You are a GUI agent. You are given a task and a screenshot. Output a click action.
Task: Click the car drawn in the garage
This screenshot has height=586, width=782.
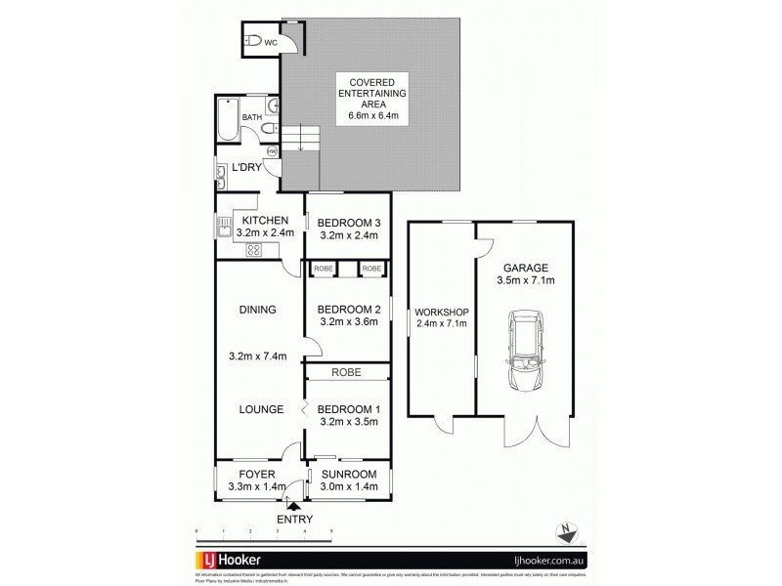(524, 351)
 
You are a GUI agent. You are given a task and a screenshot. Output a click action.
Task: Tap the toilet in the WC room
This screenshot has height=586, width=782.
(254, 42)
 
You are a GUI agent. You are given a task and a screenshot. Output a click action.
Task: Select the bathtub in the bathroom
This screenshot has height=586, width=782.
(228, 119)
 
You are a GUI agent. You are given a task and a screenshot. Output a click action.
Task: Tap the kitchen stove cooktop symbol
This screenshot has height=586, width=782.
(252, 250)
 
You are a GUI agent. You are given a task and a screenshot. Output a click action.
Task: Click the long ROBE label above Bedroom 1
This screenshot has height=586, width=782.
(347, 372)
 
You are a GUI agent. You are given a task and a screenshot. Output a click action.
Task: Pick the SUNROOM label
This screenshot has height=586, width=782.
(349, 474)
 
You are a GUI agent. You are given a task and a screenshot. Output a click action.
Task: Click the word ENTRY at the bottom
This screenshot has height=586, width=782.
(294, 519)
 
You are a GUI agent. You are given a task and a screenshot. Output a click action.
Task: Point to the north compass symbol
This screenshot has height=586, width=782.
(565, 531)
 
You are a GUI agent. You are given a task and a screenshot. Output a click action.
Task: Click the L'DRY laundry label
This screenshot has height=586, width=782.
(247, 166)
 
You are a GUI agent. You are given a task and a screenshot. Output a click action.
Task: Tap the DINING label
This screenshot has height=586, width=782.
(257, 310)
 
